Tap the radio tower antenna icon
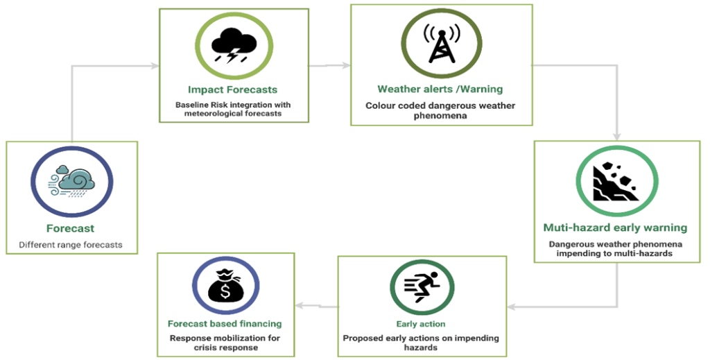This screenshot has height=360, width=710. tap(441, 42)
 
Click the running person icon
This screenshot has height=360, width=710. tap(421, 286)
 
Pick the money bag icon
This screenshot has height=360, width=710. tap(225, 286)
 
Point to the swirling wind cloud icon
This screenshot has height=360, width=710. tap(71, 182)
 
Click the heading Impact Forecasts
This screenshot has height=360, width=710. tap(233, 89)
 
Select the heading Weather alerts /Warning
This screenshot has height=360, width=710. tap(440, 89)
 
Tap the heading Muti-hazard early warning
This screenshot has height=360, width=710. tap(616, 228)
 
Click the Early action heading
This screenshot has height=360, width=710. tap(421, 324)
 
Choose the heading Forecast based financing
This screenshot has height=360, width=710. tap(225, 324)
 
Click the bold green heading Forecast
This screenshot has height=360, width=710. tap(70, 228)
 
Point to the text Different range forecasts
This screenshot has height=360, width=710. tap(71, 245)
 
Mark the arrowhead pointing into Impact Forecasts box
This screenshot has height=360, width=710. tap(155, 66)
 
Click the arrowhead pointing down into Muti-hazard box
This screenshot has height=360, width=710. tap(616, 137)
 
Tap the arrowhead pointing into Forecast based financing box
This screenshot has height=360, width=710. tap(300, 306)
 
